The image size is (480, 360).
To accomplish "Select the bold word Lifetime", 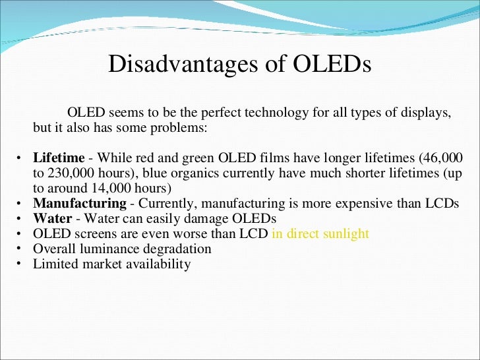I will (x=59, y=158).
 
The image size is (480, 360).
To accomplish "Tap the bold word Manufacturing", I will (x=80, y=203).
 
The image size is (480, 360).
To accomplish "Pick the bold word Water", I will (x=52, y=218).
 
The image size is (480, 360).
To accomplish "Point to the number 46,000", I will (x=440, y=158).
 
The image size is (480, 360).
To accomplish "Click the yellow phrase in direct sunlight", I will (x=320, y=233).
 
